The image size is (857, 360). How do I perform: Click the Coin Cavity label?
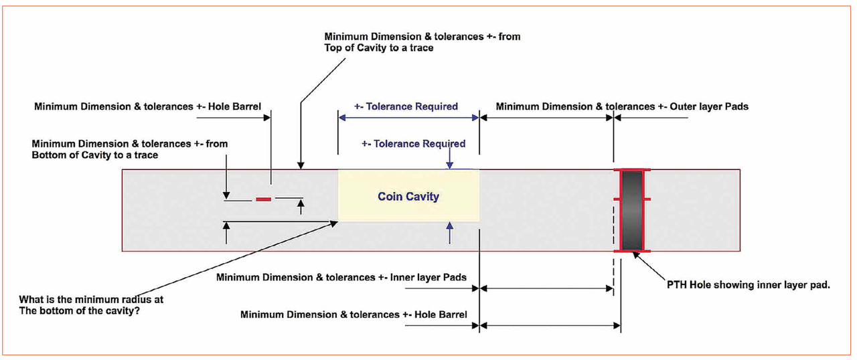(408, 197)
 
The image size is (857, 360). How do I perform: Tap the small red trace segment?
(263, 199)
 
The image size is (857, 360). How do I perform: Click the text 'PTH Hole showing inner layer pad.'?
(748, 285)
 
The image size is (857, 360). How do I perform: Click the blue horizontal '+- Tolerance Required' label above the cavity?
(406, 106)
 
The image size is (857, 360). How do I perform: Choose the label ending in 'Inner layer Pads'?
(341, 277)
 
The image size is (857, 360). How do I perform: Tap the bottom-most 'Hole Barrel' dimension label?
(354, 314)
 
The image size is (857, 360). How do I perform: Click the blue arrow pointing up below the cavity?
(450, 234)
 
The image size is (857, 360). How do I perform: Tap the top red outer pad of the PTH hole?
(631, 170)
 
